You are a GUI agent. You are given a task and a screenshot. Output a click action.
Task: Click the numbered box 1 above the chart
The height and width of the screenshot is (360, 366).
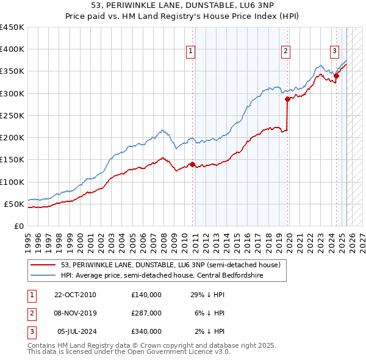tap(191, 52)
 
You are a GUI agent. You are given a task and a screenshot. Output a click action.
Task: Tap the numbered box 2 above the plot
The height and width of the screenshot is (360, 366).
tap(285, 52)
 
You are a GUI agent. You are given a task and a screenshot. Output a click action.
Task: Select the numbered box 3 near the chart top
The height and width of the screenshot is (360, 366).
tap(335, 52)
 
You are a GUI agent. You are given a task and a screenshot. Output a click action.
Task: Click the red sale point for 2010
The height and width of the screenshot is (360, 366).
tap(192, 164)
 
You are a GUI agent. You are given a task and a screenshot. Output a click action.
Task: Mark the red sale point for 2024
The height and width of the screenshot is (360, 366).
tap(336, 76)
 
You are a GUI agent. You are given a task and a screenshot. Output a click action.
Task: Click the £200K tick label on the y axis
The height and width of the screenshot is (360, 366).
tap(12, 137)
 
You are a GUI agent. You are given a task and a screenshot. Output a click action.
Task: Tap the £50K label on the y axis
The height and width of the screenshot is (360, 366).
tap(14, 204)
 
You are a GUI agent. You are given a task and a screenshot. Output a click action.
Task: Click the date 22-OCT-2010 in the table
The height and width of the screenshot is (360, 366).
tap(75, 295)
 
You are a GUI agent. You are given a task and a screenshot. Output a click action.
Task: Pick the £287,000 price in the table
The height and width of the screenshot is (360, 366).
tap(146, 313)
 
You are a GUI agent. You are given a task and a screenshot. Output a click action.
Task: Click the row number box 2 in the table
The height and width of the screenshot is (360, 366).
tap(29, 313)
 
